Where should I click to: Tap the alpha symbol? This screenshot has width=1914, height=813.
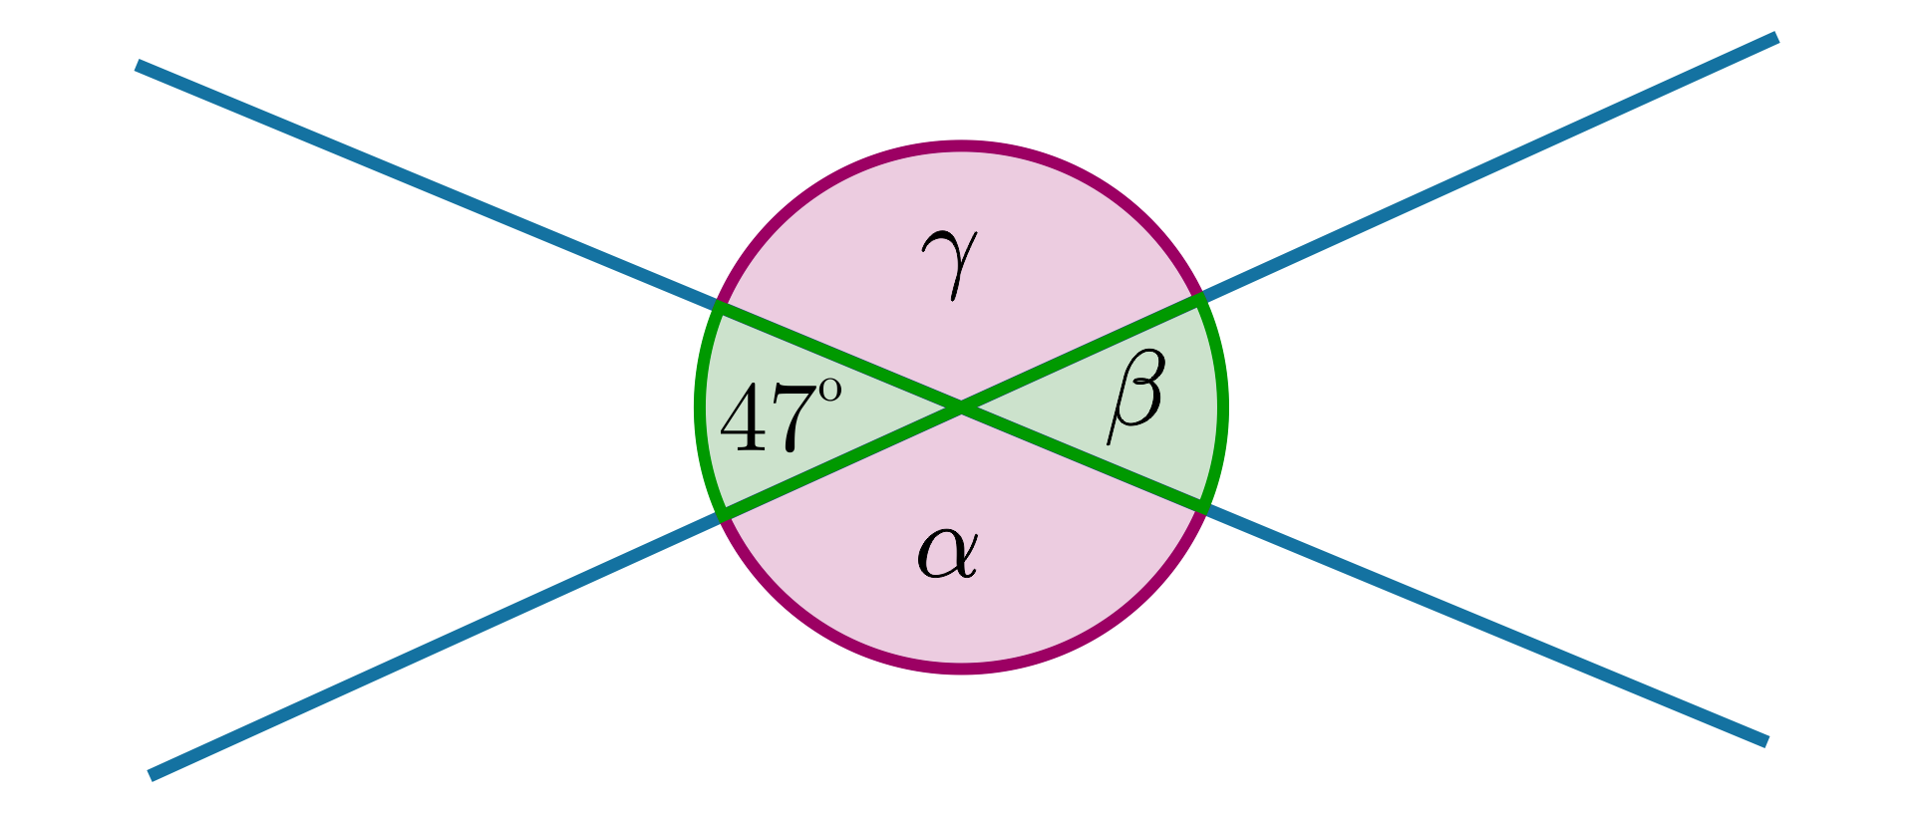[x=947, y=553]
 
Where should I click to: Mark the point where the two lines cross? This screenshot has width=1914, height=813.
[x=961, y=407]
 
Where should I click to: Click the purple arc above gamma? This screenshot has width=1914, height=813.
[x=961, y=146]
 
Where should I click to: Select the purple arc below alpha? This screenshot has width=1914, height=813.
[x=961, y=669]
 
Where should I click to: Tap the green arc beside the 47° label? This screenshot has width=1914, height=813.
[x=700, y=407]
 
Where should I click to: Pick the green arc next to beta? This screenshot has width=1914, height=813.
[x=1223, y=407]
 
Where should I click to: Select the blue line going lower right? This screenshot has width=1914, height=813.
[x=1495, y=628]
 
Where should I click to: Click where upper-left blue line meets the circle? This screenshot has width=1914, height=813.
[x=719, y=306]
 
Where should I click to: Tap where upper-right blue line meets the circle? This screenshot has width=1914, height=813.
[x=1200, y=297]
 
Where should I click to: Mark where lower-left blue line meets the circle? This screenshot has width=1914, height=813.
[x=722, y=516]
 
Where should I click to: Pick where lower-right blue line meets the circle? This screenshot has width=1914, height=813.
[x=1204, y=508]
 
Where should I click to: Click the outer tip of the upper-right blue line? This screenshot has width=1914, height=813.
[x=1774, y=39]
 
